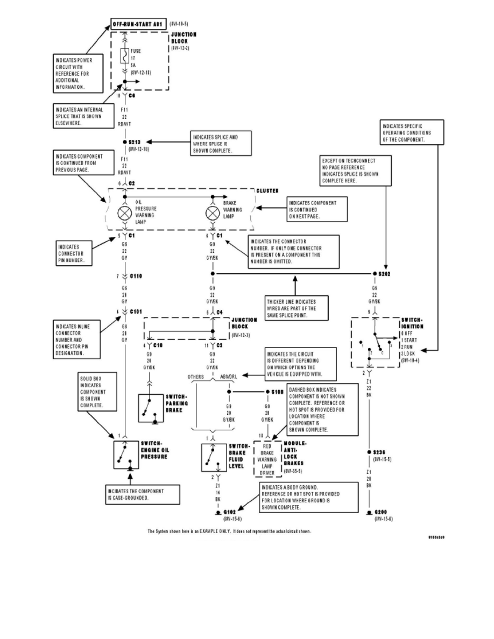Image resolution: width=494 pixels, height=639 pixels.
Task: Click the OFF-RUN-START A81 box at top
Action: tap(138, 24)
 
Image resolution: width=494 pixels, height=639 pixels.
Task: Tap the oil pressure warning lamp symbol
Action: tap(124, 213)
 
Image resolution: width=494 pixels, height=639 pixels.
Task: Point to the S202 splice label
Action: tap(384, 274)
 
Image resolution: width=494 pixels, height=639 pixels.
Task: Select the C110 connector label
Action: tap(136, 276)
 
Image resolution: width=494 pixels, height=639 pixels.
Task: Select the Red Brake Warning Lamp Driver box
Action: tap(267, 460)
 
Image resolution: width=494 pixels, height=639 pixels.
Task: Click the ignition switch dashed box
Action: tap(375, 342)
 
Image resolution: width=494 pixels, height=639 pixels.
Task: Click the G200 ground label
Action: tap(382, 512)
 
